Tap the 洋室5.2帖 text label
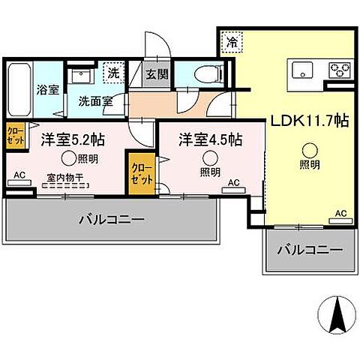click(71, 139)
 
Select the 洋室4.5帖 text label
click(210, 139)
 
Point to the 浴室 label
click(47, 90)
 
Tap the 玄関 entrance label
click(156, 74)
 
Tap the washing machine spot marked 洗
click(114, 74)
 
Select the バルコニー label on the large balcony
click(111, 220)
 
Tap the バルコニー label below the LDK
click(309, 250)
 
